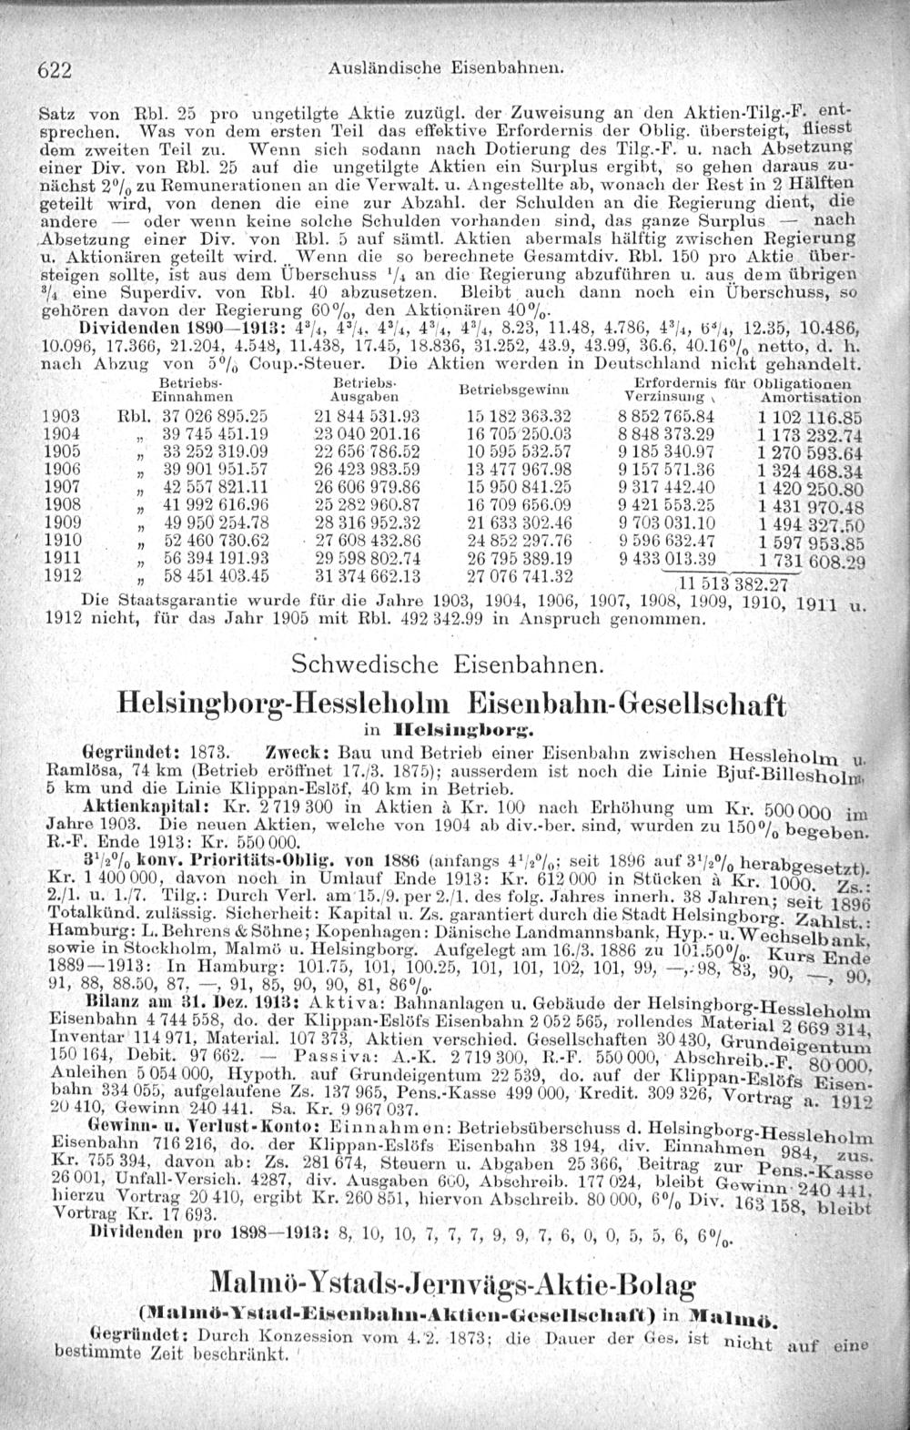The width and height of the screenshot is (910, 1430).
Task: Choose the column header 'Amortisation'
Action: click(812, 399)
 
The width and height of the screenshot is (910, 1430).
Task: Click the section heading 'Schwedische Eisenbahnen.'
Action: click(447, 664)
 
